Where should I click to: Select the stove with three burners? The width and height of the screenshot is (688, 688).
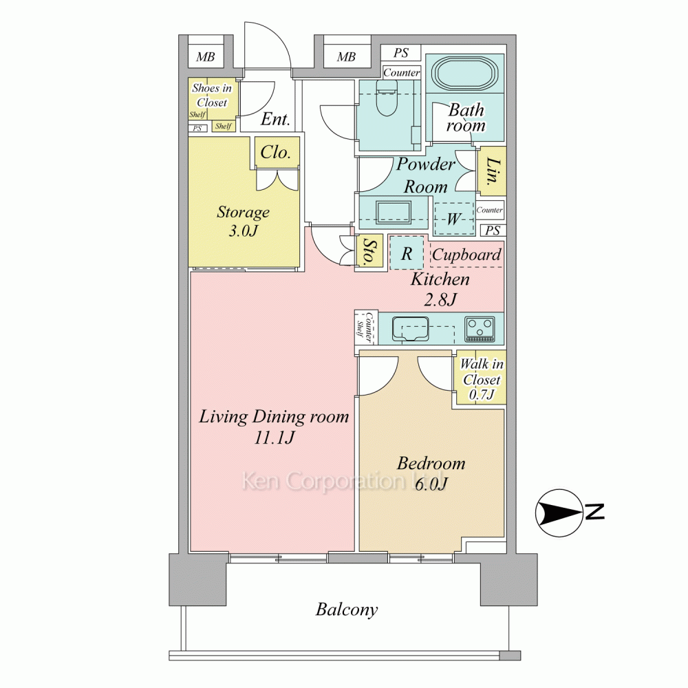click(480, 329)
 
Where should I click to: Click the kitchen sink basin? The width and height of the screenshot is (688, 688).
click(410, 329)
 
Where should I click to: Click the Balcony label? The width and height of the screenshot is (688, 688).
click(347, 610)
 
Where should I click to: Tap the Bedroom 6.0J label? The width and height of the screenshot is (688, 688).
click(431, 473)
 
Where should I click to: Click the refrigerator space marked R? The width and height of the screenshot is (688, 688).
click(407, 253)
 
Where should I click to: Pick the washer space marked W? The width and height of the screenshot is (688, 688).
click(454, 219)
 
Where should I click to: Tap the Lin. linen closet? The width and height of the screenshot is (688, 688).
click(491, 171)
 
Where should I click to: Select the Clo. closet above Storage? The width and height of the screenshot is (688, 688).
click(277, 152)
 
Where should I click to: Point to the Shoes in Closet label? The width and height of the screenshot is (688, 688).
click(212, 95)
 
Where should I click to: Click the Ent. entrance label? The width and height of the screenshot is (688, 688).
click(275, 119)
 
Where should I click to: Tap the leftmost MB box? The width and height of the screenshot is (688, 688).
click(205, 56)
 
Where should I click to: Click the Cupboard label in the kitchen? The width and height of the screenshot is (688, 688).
click(466, 255)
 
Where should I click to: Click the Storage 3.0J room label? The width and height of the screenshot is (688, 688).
click(243, 221)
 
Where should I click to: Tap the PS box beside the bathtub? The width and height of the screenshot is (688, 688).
click(400, 53)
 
